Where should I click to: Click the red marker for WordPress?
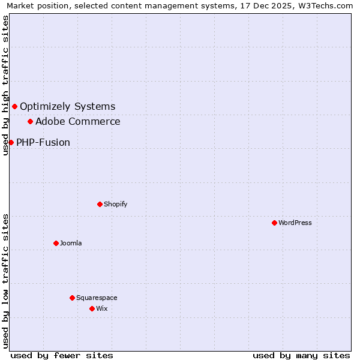[274, 223]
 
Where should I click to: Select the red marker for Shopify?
[100, 204]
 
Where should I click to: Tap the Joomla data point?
[56, 243]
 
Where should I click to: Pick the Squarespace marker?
[72, 298]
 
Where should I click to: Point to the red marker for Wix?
[92, 308]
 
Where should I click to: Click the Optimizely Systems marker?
[14, 106]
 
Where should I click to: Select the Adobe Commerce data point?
[30, 121]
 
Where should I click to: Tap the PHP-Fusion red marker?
[11, 142]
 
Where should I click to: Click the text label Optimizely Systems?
[67, 107]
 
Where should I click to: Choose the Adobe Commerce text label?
[77, 122]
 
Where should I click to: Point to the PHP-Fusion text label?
[43, 143]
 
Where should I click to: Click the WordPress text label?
[295, 223]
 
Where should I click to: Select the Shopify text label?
[116, 204]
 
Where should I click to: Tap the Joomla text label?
[71, 243]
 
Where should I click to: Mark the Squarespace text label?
[97, 298]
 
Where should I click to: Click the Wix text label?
[102, 308]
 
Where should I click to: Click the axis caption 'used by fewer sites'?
[62, 355]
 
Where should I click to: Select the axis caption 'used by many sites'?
[301, 355]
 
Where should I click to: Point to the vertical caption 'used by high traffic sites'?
[5, 85]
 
